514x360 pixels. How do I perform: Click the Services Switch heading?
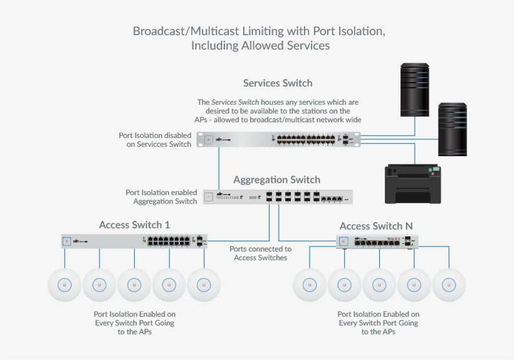pos(278,83)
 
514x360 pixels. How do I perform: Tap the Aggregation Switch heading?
pos(276,179)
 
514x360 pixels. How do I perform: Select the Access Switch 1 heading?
pos(134,225)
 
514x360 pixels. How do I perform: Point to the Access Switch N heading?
pos(376,226)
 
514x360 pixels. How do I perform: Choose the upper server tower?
pos(415,89)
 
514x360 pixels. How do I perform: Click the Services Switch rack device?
pos(279,139)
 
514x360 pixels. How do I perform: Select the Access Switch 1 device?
pos(134,241)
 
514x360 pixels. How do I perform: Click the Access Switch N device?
pos(377,241)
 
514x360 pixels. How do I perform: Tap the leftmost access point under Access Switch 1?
pos(63,285)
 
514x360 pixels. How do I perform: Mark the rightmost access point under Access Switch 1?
pos(204,285)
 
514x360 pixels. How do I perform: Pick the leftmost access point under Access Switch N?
pos(309,285)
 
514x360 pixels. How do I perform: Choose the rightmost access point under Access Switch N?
pos(449,285)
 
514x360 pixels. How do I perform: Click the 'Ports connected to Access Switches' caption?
pos(260,253)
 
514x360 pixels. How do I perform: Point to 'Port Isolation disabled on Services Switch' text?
pos(155,139)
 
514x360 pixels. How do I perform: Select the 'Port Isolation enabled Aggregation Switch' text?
pos(162,197)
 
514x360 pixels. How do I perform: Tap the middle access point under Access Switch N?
pos(379,285)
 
